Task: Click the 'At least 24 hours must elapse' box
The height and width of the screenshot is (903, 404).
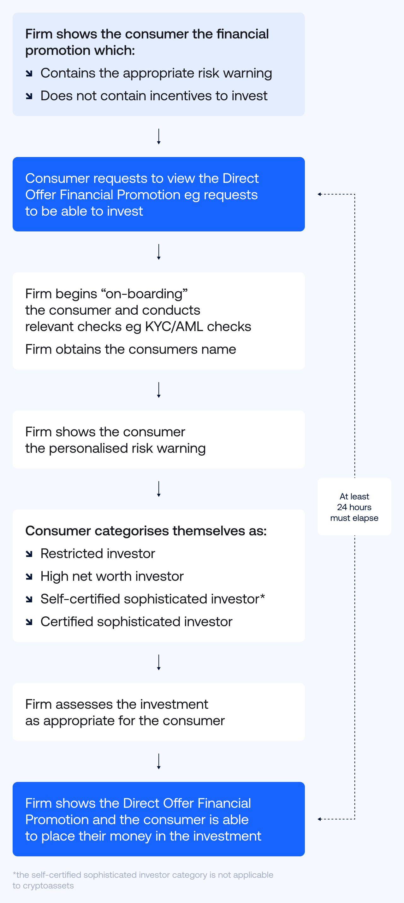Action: [354, 507]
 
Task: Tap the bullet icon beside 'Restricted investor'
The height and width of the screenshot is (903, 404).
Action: [29, 554]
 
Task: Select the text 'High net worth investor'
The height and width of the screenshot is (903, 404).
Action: [112, 576]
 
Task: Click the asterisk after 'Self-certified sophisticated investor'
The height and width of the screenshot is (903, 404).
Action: [263, 596]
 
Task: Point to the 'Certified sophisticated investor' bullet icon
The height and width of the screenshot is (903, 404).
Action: [29, 622]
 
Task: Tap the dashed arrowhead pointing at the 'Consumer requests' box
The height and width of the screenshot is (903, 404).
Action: [319, 194]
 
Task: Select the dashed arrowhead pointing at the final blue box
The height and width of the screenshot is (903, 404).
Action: [319, 819]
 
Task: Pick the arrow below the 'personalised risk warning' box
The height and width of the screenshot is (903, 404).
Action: [159, 489]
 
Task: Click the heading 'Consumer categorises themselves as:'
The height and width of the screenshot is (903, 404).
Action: [146, 531]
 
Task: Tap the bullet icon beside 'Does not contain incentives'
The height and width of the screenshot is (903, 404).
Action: [29, 96]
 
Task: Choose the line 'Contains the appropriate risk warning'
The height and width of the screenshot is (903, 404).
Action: [156, 73]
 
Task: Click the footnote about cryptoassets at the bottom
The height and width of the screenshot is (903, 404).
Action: [143, 880]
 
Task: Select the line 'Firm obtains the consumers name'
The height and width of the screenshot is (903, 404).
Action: [131, 349]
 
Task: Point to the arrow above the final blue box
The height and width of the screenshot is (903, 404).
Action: [159, 761]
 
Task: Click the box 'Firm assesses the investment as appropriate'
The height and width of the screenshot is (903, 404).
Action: [159, 712]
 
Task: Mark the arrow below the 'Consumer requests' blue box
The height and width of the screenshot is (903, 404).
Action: [159, 252]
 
